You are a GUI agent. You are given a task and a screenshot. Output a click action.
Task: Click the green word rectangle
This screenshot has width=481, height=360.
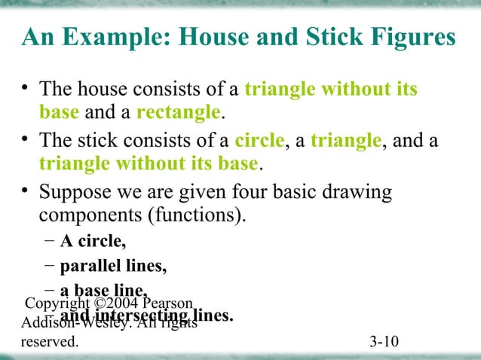pyautogui.click(x=178, y=113)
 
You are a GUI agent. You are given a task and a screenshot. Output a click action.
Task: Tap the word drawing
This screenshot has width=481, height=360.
pyautogui.click(x=357, y=193)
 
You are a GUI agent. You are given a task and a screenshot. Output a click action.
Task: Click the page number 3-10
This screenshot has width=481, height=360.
pyautogui.click(x=384, y=343)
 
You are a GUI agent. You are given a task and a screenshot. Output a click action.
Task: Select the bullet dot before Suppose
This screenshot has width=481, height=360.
pyautogui.click(x=26, y=192)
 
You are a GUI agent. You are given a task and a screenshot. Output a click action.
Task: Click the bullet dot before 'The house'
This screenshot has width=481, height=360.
pyautogui.click(x=26, y=90)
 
